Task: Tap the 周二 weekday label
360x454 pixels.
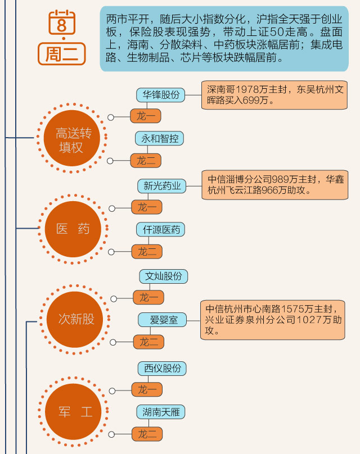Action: tap(65, 54)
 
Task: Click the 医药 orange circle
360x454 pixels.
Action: tap(73, 229)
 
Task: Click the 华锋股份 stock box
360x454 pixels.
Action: tap(161, 95)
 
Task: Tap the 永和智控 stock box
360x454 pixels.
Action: tap(160, 138)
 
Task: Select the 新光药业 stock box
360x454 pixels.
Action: tap(162, 185)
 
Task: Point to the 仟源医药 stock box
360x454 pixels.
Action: tap(161, 229)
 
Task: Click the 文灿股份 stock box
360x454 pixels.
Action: tap(163, 276)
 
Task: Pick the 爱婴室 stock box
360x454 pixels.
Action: tap(163, 320)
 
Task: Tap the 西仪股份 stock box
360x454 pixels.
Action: tap(162, 368)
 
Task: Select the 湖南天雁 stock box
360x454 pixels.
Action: tap(161, 412)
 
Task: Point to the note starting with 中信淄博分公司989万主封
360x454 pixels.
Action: tap(274, 185)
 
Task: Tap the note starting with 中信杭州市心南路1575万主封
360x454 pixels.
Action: tap(272, 320)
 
